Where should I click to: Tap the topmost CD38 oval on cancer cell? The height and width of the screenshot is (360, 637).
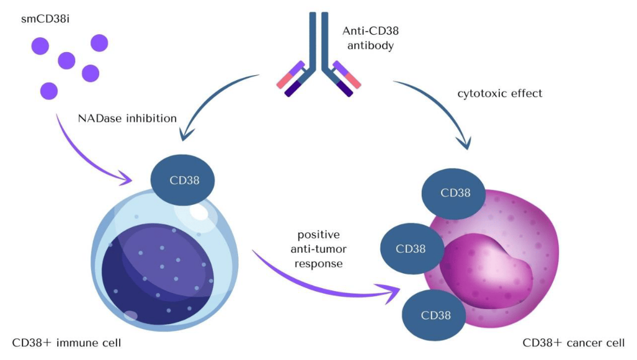click(x=455, y=192)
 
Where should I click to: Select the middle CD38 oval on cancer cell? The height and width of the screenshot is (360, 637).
click(x=411, y=249)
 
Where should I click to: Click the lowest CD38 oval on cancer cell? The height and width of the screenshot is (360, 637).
click(x=435, y=315)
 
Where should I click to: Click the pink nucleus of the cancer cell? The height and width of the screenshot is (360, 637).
click(x=490, y=267)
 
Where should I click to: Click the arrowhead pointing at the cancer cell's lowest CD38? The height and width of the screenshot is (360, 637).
click(x=392, y=292)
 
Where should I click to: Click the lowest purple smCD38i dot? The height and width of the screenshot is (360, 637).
click(x=49, y=91)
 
